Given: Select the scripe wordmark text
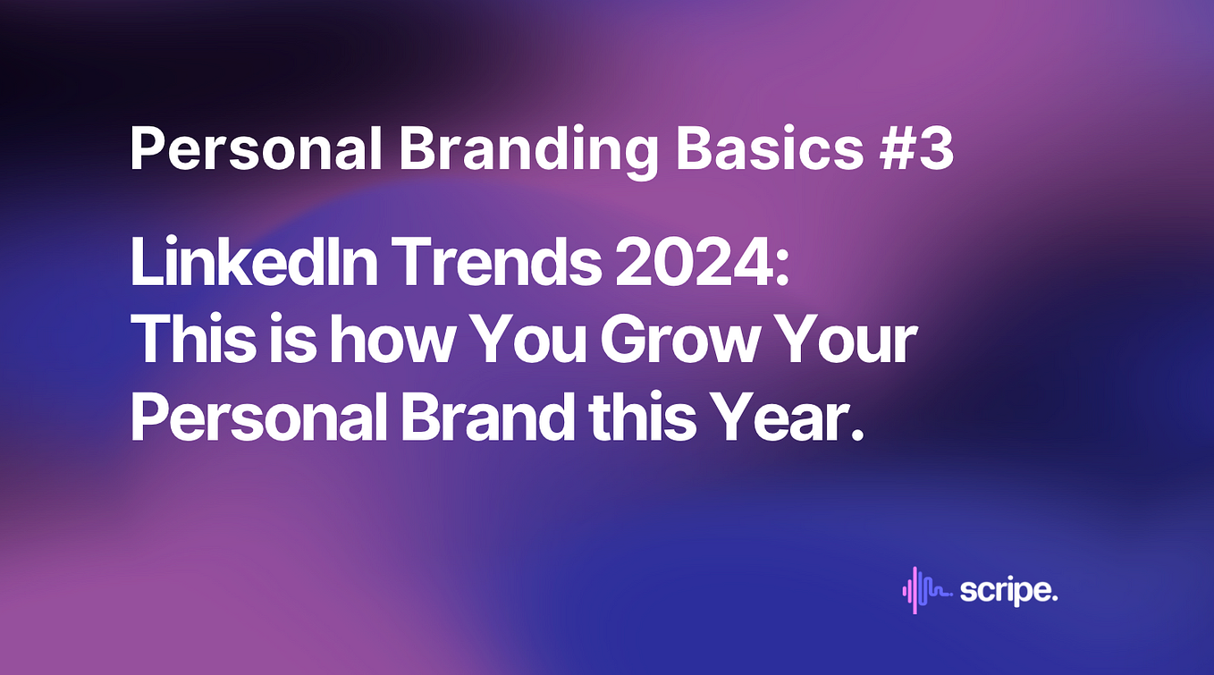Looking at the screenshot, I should pos(1008,591).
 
